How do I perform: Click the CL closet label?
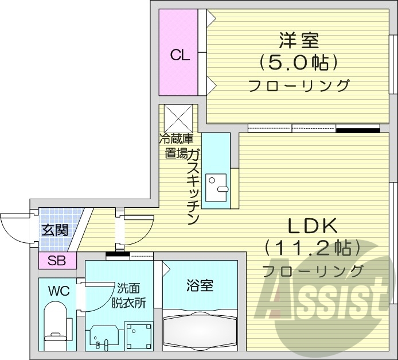[180, 55]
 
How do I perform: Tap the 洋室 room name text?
[298, 41]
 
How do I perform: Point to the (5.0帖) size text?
[298, 62]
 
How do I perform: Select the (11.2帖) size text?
[313, 248]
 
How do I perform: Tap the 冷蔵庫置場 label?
[176, 146]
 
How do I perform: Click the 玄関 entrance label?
[54, 230]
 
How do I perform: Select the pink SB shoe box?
[57, 261]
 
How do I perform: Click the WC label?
[58, 291]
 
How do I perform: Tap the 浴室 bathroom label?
[200, 285]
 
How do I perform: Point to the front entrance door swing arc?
[14, 230]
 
